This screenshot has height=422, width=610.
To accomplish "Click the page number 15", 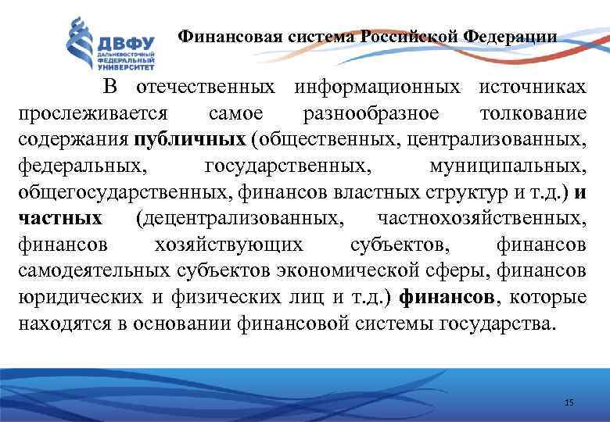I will pyautogui.click(x=569, y=402).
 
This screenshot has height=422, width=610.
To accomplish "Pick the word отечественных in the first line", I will pyautogui.click(x=207, y=87).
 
